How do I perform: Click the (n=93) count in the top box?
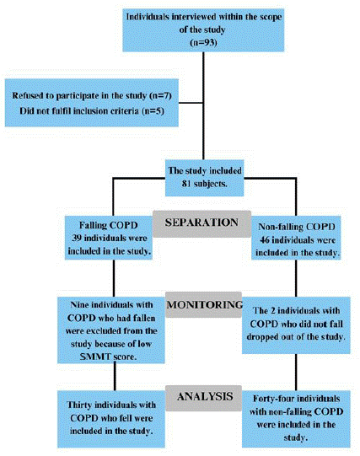203,42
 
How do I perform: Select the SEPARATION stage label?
201,223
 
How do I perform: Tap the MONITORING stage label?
204,304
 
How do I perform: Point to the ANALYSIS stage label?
205,396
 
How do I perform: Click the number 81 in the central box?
186,184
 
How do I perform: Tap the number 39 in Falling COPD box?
76,238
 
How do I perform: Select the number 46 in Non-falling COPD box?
265,240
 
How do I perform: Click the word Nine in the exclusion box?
79,305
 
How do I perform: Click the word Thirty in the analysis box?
79,405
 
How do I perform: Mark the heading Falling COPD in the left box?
109,225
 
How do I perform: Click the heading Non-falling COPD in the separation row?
297,227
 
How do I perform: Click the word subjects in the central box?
210,184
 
